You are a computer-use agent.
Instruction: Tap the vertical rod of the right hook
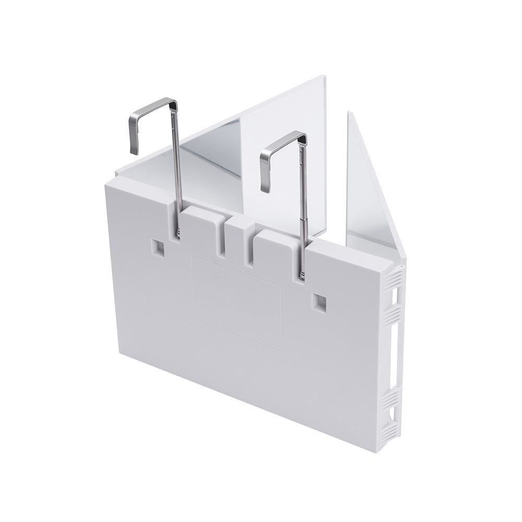click(302, 209)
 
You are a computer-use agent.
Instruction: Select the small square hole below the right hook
click(318, 301)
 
